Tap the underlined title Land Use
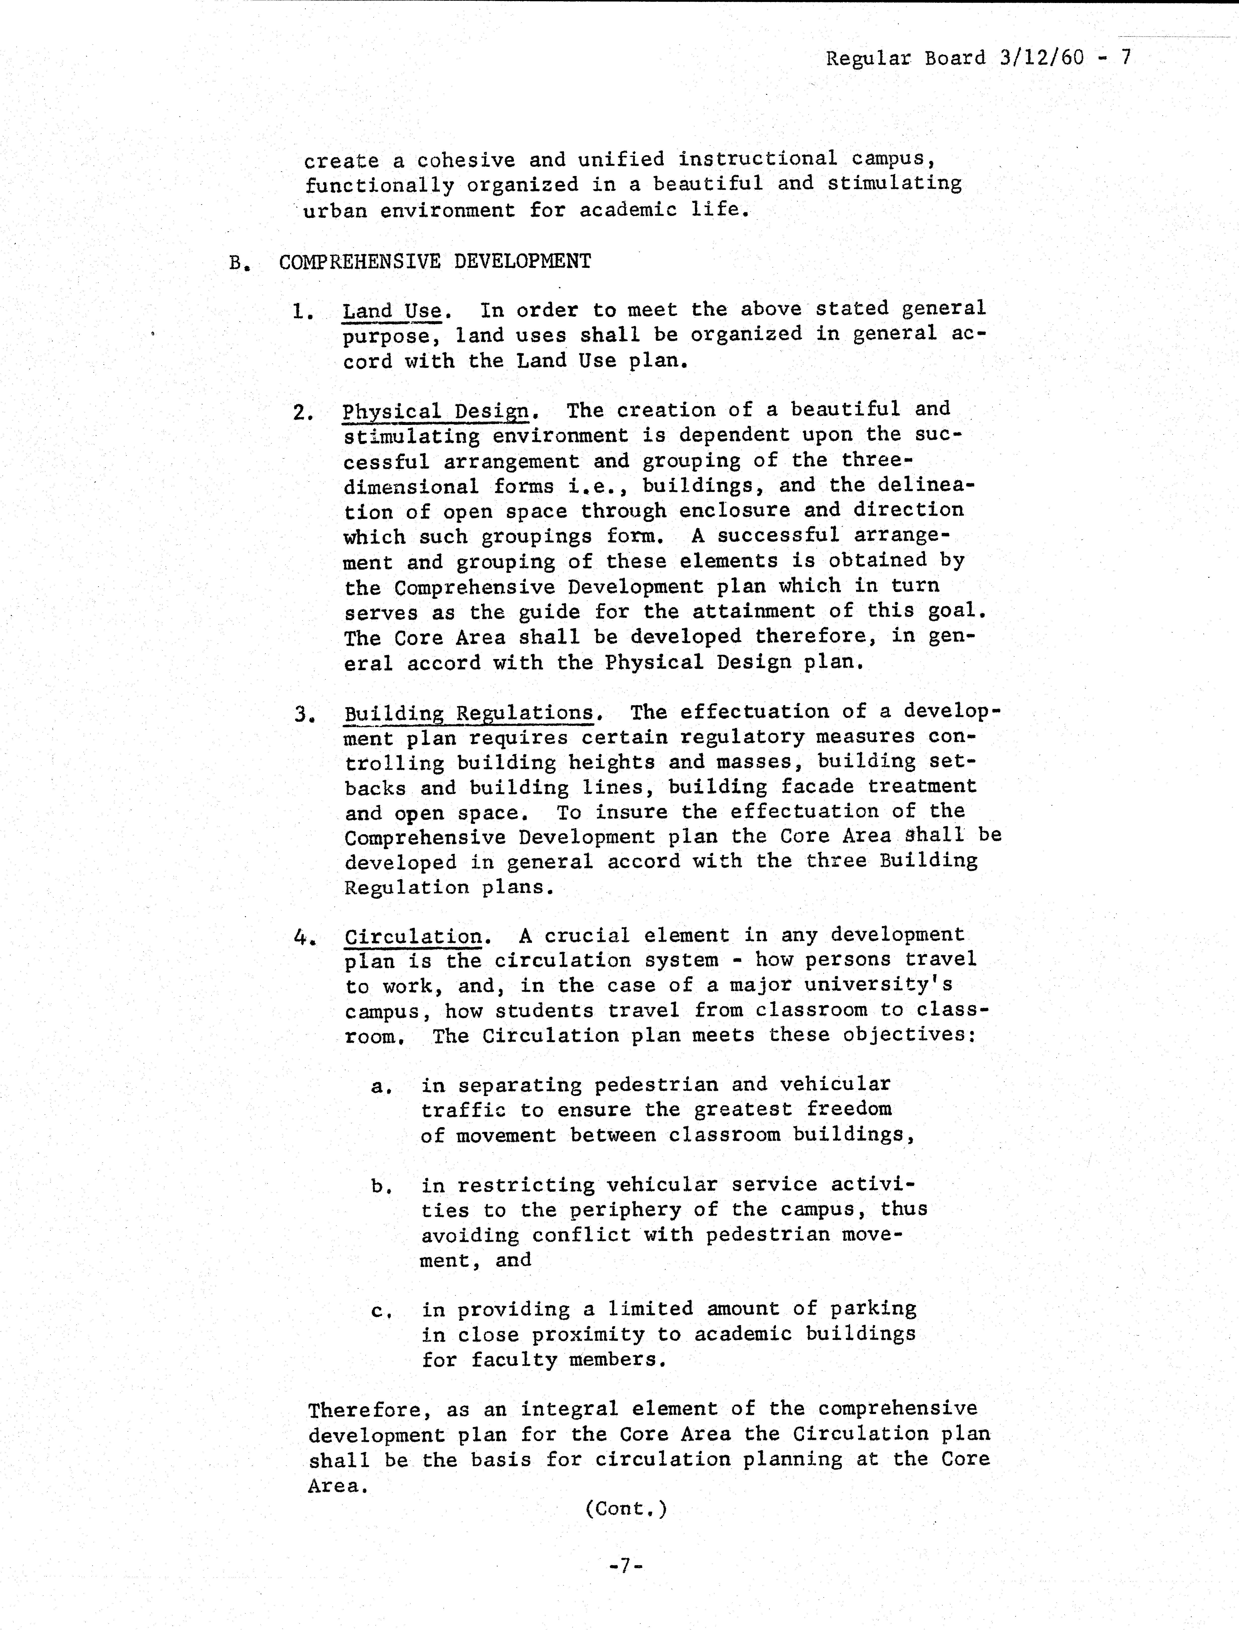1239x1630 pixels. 392,311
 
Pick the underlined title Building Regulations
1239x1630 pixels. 469,713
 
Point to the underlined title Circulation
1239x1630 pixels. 413,937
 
